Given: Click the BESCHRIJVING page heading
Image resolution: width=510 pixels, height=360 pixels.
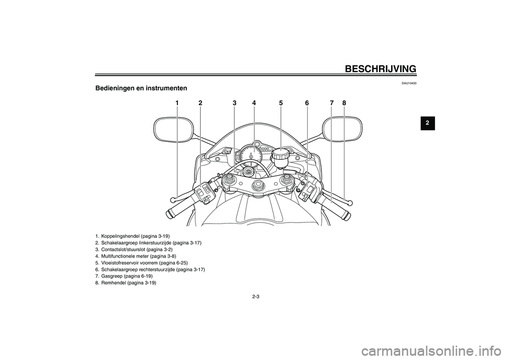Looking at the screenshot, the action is (380, 69).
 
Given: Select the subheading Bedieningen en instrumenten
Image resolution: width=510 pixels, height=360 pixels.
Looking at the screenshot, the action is (141, 88).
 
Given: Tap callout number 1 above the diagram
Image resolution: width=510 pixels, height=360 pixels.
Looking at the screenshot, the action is (177, 103).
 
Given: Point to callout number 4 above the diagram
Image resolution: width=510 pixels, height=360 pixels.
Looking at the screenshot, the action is (254, 103).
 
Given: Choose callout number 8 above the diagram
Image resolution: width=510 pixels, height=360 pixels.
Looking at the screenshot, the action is (344, 103).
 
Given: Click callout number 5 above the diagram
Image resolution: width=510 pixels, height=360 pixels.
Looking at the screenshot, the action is (280, 103).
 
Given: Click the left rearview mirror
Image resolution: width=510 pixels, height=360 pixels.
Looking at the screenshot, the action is (174, 130).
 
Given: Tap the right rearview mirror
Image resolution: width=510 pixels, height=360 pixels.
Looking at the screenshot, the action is (342, 130).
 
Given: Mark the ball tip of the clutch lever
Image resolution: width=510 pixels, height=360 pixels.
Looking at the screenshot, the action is (173, 200).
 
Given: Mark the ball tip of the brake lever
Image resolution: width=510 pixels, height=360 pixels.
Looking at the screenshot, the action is (350, 203).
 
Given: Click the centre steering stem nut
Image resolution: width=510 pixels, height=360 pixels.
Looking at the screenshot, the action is (259, 184).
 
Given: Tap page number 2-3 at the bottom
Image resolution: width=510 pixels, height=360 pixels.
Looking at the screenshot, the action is (255, 297).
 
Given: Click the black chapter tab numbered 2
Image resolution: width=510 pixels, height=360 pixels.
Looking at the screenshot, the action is (428, 123).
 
